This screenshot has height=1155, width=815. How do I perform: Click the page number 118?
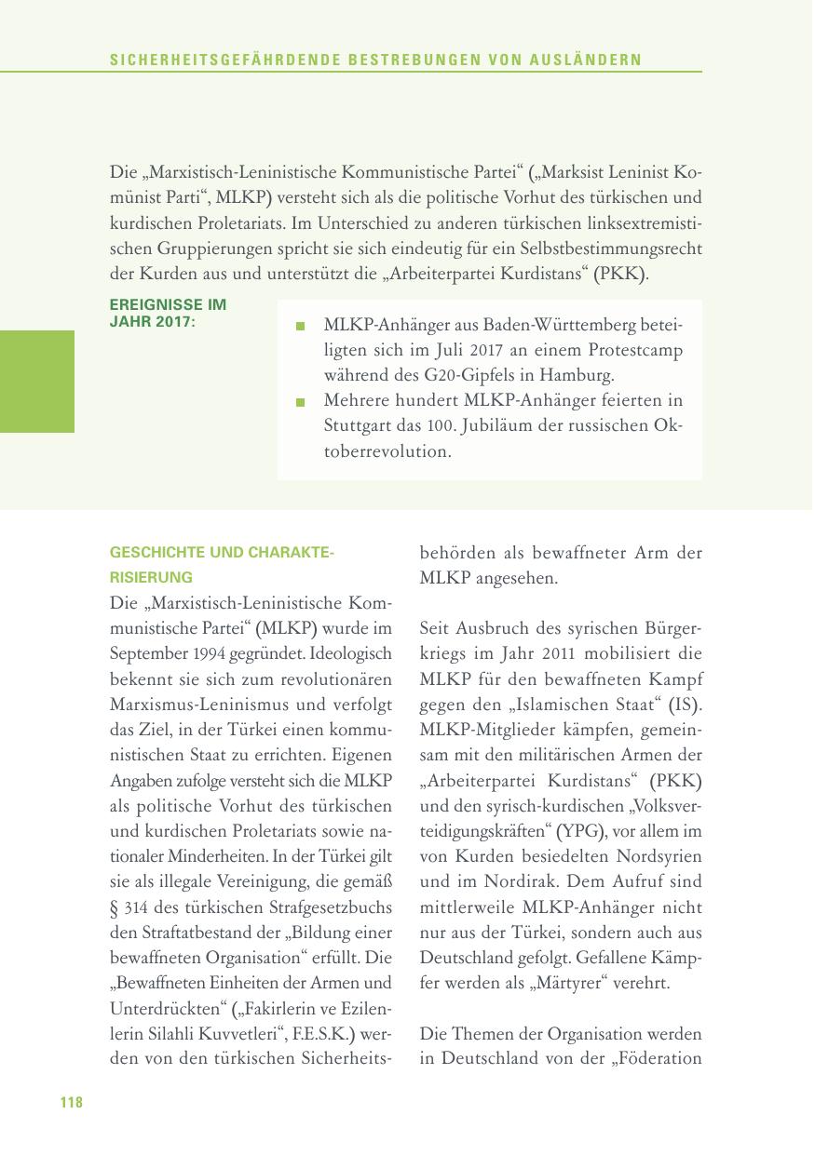coord(72,1103)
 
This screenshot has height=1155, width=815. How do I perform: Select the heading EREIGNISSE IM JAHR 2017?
coord(168,312)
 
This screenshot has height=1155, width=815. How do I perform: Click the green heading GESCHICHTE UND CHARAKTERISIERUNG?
coord(221,564)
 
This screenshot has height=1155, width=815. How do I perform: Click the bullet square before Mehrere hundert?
coord(300,403)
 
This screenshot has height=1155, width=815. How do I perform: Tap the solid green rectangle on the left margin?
coord(37,382)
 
